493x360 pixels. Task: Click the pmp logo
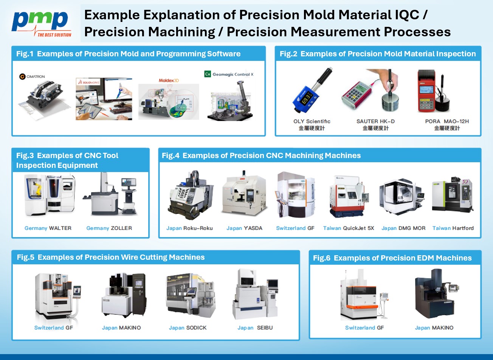pos(41,23)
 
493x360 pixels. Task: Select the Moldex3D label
pos(169,81)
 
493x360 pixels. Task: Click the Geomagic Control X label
pos(229,74)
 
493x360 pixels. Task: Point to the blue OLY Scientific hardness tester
pos(312,90)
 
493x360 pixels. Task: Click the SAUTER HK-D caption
pos(375,121)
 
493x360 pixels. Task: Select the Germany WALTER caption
pos(48,228)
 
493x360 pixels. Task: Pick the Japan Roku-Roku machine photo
pos(191,195)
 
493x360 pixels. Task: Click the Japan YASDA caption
pos(244,228)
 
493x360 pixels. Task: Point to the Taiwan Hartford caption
pos(453,228)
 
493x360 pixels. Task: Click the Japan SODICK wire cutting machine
pos(191,295)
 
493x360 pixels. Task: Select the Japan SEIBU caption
pos(255,328)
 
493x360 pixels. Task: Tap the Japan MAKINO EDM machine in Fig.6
pos(437,293)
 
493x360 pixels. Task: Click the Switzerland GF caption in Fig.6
pos(364,328)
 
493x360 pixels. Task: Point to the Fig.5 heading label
pos(111,257)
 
